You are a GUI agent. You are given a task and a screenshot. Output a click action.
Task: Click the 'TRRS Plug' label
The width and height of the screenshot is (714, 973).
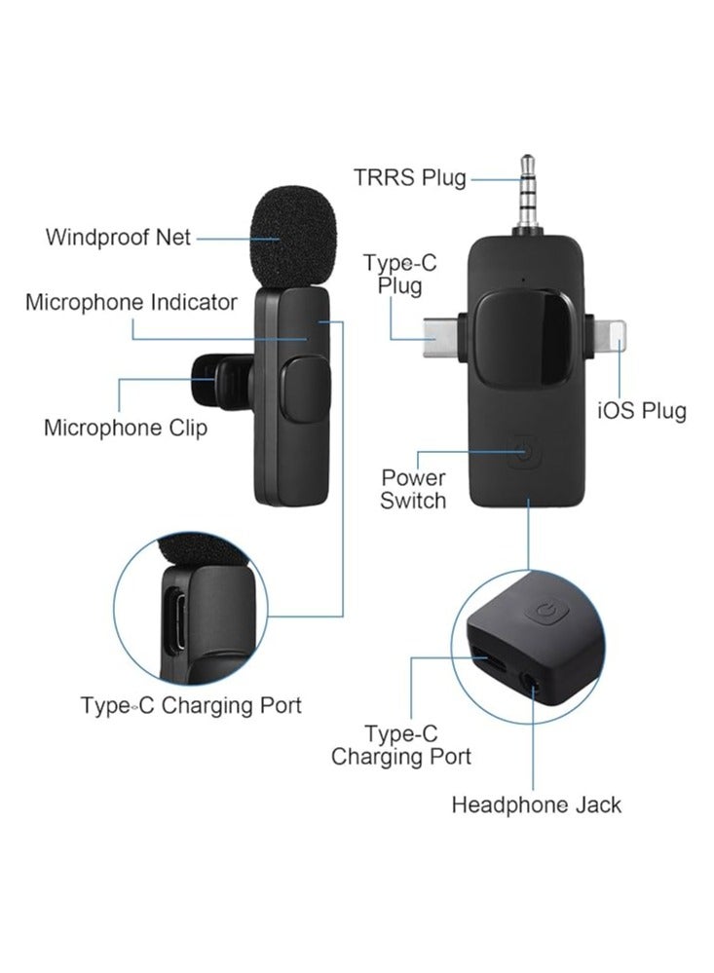(409, 177)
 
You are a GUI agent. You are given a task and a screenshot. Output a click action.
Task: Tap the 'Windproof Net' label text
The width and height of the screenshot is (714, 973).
(118, 237)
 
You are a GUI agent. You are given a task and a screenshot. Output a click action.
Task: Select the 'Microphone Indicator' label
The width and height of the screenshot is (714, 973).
(131, 302)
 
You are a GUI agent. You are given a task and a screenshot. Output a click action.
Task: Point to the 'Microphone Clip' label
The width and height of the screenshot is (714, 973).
(126, 428)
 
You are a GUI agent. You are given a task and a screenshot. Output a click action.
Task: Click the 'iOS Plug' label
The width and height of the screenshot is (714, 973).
(641, 410)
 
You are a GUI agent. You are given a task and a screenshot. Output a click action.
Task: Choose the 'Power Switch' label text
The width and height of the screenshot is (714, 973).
(413, 489)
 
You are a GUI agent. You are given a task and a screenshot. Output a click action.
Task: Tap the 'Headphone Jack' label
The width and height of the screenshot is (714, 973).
(536, 805)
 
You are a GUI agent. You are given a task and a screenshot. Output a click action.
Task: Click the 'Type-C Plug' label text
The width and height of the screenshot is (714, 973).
(394, 274)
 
